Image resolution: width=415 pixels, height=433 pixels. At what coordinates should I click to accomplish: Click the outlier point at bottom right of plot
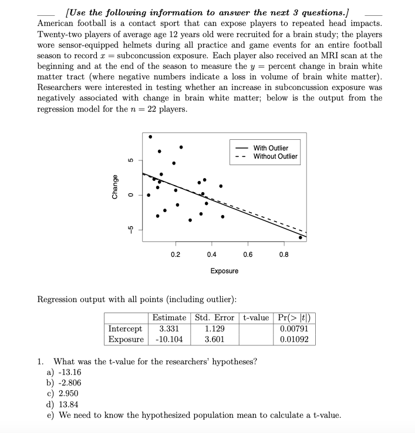click(x=301, y=237)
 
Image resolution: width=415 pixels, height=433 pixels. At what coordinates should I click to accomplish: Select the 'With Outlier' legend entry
click(x=271, y=148)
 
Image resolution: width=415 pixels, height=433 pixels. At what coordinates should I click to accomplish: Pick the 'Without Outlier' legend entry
click(x=275, y=156)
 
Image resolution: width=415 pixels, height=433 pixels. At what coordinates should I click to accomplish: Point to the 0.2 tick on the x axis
click(x=176, y=254)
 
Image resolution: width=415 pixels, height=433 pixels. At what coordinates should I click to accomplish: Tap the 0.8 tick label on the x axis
click(x=284, y=254)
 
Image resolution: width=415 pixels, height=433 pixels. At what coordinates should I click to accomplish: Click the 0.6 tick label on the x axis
click(x=248, y=254)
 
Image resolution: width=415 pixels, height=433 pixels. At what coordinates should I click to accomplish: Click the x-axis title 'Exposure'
click(x=224, y=271)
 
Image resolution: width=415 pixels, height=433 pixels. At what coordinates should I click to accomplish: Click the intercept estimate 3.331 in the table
click(x=169, y=329)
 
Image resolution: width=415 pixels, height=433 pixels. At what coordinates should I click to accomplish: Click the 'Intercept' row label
click(x=126, y=329)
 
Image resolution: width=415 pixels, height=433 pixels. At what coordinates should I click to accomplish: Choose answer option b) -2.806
click(x=64, y=382)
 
